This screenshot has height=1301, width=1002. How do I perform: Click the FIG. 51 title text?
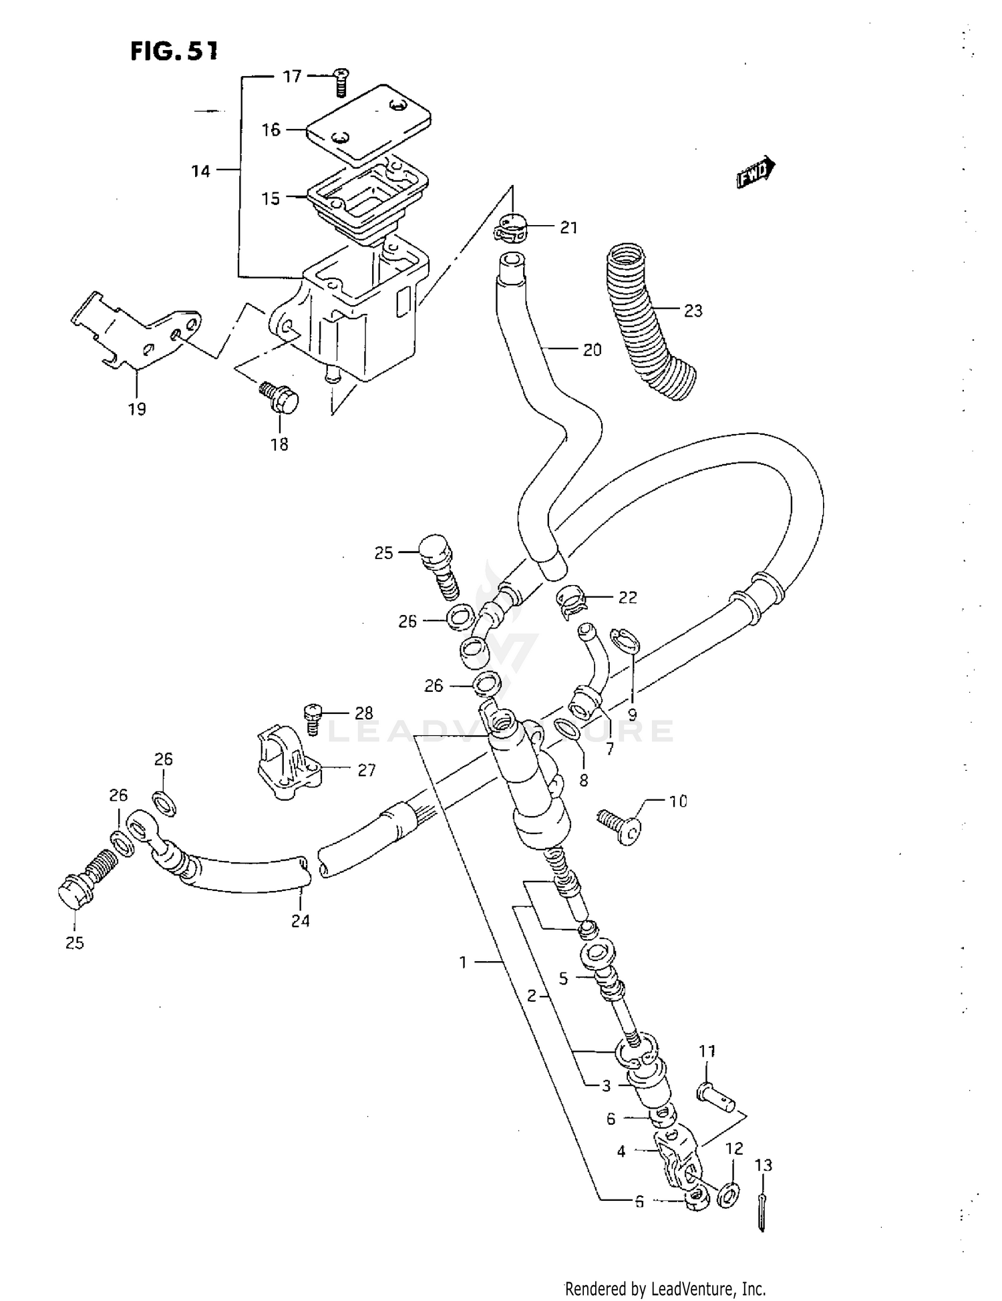[174, 51]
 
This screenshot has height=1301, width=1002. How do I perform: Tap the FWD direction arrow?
[756, 173]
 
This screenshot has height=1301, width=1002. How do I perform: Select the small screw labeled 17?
[341, 83]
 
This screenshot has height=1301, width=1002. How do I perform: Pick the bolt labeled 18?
[281, 399]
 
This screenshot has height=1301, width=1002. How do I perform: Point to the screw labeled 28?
[312, 718]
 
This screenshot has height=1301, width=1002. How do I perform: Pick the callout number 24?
[301, 921]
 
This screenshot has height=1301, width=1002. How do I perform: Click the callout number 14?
[201, 172]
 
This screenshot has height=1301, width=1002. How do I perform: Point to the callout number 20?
[592, 350]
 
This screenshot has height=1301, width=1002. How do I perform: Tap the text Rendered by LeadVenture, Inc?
[665, 1289]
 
